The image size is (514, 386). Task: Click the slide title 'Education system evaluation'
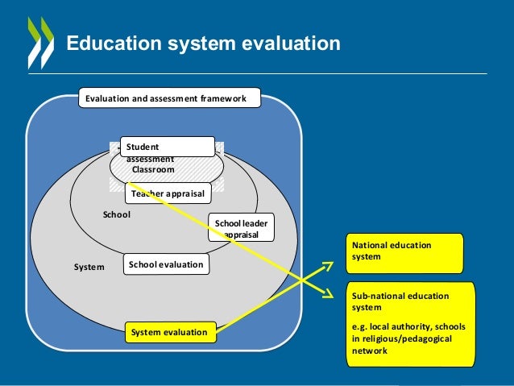click(203, 43)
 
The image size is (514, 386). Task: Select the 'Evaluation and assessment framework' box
click(168, 98)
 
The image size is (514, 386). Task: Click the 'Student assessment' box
click(168, 147)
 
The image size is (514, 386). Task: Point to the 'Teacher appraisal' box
click(168, 193)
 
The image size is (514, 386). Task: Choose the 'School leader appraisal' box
click(241, 227)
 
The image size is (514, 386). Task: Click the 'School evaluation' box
click(166, 264)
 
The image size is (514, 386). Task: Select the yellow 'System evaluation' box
click(170, 331)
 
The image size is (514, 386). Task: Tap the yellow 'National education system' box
click(405, 253)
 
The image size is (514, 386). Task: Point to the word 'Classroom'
click(153, 170)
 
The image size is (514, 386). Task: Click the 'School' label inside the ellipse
click(116, 215)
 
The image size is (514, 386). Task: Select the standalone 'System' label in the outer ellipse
click(89, 265)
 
